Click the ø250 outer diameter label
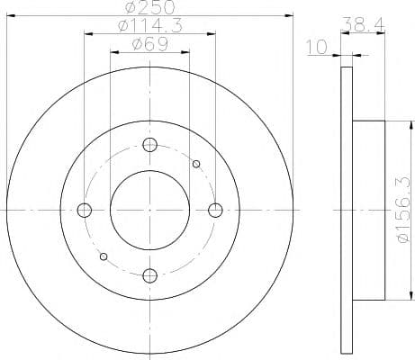(150, 8)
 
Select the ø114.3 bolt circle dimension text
(149, 27)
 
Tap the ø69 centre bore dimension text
(149, 45)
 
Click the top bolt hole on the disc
(150, 145)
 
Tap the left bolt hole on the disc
(86, 211)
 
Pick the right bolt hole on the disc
(215, 210)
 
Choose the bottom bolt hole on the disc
(150, 274)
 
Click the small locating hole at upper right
(196, 164)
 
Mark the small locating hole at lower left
(104, 256)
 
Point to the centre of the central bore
(150, 210)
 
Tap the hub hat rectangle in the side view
(369, 210)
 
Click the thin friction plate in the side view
(347, 210)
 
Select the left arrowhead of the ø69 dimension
(113, 52)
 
